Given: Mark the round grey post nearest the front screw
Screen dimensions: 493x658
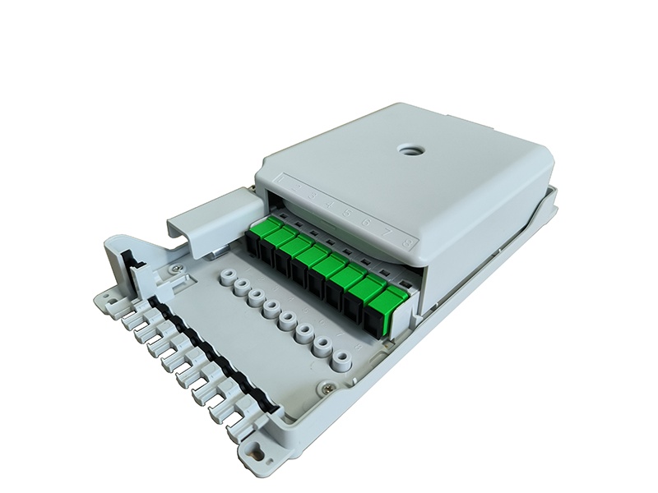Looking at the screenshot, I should point(338,359).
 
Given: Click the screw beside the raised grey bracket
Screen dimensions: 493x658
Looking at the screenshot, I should point(174,268).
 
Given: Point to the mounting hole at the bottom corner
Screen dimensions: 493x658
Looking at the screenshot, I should point(257,453).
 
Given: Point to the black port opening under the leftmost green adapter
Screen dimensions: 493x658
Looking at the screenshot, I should point(252,247).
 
